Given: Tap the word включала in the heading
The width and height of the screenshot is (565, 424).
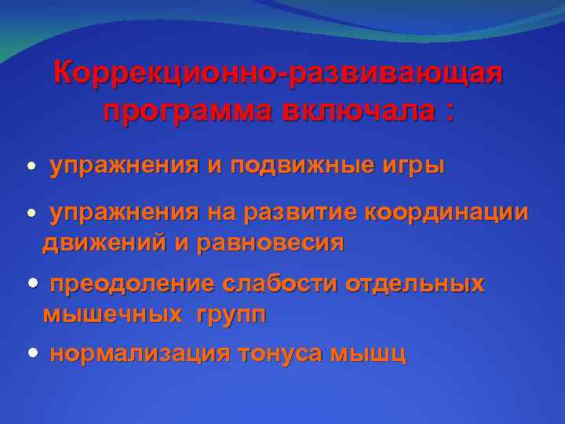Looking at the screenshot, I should click(x=360, y=111).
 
